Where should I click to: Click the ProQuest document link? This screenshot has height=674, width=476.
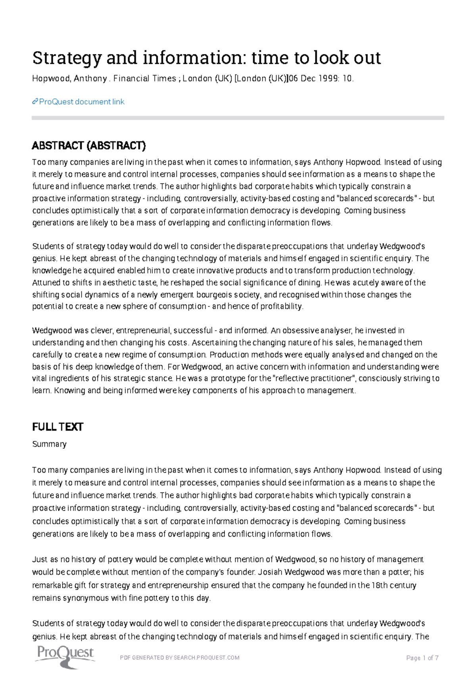(82, 102)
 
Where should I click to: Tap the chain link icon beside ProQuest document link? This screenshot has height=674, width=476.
(35, 102)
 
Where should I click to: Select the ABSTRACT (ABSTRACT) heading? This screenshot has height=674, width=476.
(89, 146)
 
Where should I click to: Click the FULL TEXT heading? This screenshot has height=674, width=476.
(58, 427)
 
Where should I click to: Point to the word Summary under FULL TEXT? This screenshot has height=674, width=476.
(49, 444)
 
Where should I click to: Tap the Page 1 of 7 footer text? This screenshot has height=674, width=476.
(422, 658)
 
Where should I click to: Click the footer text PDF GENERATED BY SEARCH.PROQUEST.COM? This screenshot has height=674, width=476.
(180, 658)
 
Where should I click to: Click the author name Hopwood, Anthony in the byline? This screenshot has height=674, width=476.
(69, 79)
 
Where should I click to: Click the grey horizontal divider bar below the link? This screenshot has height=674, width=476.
(238, 118)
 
